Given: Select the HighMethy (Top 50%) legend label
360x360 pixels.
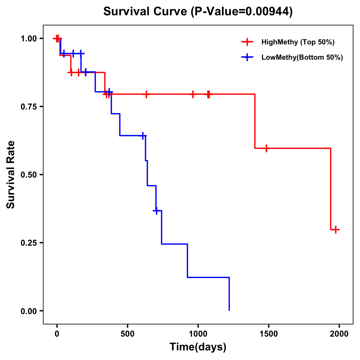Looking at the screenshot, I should (298, 42).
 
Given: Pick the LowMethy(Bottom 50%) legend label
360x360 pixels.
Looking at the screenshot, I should (302, 57).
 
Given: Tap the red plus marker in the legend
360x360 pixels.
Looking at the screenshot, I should (247, 42).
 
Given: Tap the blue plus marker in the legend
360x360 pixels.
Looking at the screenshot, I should (247, 57).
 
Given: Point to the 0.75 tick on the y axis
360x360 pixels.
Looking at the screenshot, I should (28, 106).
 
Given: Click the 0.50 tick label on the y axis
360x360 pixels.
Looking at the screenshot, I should (28, 175).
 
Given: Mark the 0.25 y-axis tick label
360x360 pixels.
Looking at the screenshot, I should (28, 243).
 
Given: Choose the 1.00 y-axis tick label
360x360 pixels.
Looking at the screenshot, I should (28, 38).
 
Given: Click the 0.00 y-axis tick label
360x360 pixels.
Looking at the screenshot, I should (28, 311).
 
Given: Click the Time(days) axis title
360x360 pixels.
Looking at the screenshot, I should (198, 347).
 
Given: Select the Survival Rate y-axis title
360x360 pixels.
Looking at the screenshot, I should (11, 175).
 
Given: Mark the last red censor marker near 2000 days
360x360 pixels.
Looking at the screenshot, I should (336, 230).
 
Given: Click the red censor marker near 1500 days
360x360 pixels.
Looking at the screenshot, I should (266, 148).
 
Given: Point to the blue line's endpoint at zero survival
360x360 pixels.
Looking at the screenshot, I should (229, 310).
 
